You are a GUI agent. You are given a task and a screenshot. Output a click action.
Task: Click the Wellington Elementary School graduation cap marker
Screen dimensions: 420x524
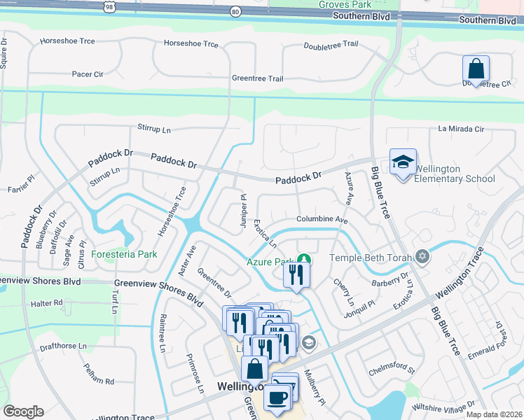[x=403, y=162]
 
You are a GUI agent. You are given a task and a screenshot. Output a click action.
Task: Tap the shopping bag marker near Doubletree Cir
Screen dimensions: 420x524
[x=476, y=69]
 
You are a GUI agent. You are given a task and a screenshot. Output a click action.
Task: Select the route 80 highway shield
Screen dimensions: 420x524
[x=235, y=11]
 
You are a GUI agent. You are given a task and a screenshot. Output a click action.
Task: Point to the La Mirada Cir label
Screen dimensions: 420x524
[x=461, y=129]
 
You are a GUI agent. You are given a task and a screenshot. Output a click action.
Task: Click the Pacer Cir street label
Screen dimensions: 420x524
[x=88, y=73]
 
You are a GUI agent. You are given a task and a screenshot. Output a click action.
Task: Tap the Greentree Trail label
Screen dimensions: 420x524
[x=257, y=79]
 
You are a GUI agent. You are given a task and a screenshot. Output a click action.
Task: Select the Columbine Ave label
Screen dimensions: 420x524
[x=322, y=220]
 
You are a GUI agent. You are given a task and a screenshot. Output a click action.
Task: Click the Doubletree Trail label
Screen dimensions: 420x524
[x=331, y=45]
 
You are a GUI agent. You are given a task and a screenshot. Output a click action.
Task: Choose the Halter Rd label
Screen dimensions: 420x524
[x=47, y=304]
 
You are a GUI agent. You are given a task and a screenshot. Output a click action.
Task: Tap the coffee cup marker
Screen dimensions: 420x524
[x=276, y=396]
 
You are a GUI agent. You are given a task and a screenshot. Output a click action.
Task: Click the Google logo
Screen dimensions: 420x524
[x=23, y=412]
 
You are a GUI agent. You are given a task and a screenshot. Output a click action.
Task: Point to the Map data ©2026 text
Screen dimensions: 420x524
[x=493, y=414]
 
